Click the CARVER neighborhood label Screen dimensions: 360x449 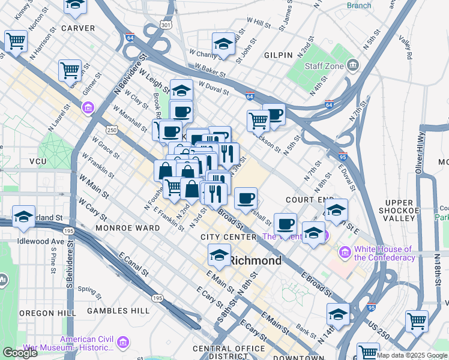click(78, 28)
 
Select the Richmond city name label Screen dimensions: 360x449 click(256, 261)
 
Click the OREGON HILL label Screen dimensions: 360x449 click(47, 313)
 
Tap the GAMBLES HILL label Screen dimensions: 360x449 click(118, 311)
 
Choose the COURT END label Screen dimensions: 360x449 click(310, 199)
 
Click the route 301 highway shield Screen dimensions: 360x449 click(166, 25)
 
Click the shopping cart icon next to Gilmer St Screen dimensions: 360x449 click(70, 70)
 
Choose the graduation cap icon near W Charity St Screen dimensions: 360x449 click(223, 43)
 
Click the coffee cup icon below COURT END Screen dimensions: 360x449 click(286, 224)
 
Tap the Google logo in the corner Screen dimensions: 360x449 click(20, 352)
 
